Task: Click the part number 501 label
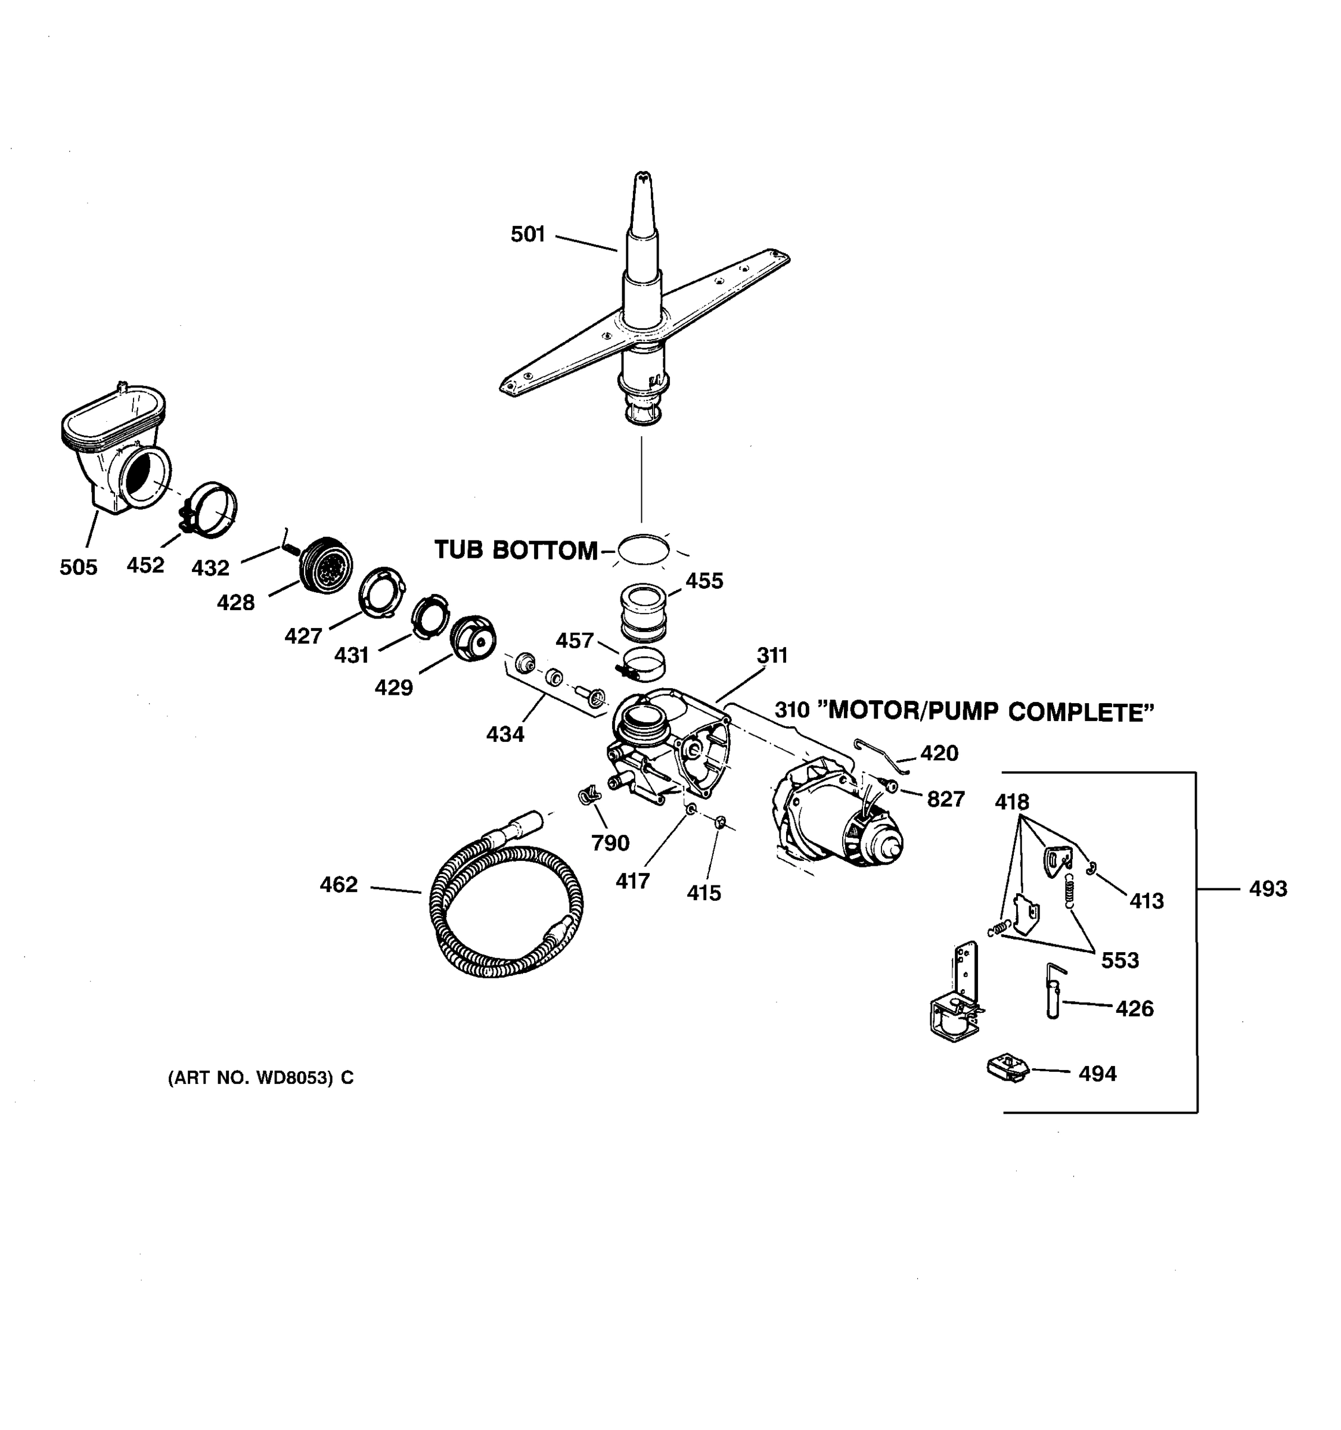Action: (527, 235)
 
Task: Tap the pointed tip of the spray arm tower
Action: (642, 176)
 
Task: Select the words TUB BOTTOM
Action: (515, 551)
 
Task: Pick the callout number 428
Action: (235, 603)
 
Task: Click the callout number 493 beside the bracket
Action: (1268, 889)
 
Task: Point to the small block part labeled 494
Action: (1007, 1068)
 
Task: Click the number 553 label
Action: (1119, 960)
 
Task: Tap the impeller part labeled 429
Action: (473, 638)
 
